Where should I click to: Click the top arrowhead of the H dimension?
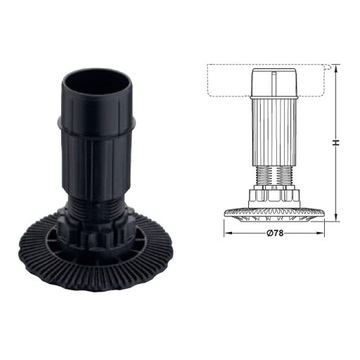[341, 70]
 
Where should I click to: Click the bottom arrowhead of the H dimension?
[341, 211]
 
